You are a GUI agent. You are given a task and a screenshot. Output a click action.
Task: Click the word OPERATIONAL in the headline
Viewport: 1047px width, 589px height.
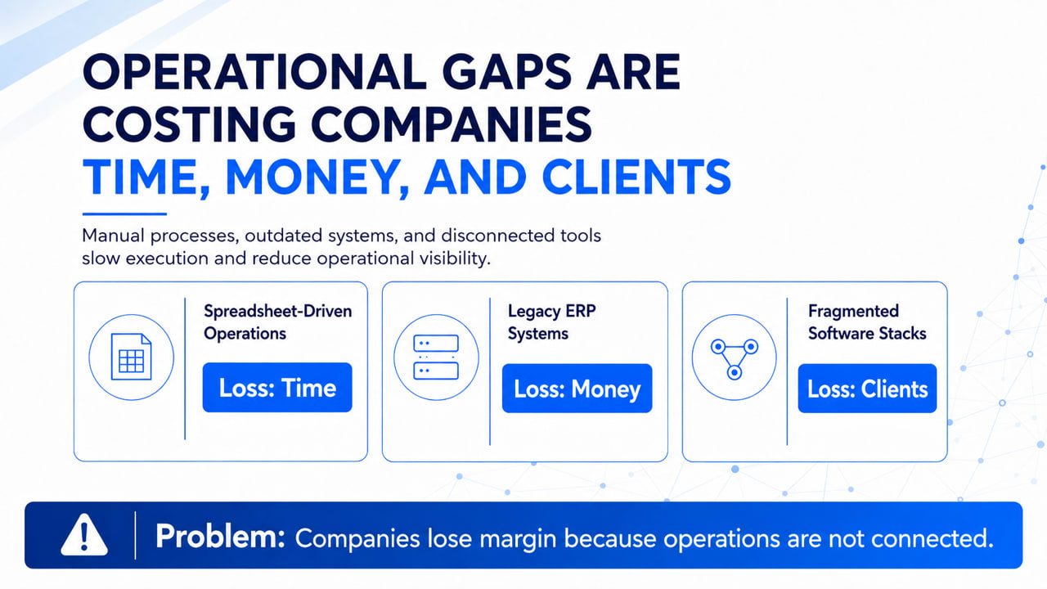tap(254, 72)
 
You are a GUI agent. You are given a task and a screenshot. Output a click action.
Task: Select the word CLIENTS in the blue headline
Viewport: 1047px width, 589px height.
tap(636, 178)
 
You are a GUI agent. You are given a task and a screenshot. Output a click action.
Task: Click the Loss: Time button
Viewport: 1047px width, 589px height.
tap(277, 388)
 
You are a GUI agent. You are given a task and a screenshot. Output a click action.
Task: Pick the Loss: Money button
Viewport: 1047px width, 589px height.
tap(577, 389)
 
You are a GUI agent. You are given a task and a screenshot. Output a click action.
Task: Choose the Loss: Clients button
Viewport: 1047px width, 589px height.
tap(867, 389)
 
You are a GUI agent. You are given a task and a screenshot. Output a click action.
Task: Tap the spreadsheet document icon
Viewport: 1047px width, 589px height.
tap(132, 357)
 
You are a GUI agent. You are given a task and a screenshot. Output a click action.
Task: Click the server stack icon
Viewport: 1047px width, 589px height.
tap(436, 357)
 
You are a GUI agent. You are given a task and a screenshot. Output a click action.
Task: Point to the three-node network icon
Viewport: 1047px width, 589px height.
tap(735, 358)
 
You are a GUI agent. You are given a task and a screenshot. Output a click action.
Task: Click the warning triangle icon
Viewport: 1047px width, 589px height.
tap(84, 535)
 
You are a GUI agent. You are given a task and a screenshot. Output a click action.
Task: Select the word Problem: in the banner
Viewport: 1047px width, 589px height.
tap(220, 537)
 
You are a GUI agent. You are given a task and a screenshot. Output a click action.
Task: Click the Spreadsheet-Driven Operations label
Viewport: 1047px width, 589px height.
tap(277, 322)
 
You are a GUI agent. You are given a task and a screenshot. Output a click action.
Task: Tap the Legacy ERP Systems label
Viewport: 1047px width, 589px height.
tap(551, 322)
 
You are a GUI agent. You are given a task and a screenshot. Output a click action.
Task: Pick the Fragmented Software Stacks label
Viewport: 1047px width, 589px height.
tap(867, 322)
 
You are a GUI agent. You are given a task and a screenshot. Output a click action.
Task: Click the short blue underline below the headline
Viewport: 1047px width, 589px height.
tap(125, 214)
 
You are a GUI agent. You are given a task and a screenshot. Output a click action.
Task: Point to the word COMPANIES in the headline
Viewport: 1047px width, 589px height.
tap(451, 125)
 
